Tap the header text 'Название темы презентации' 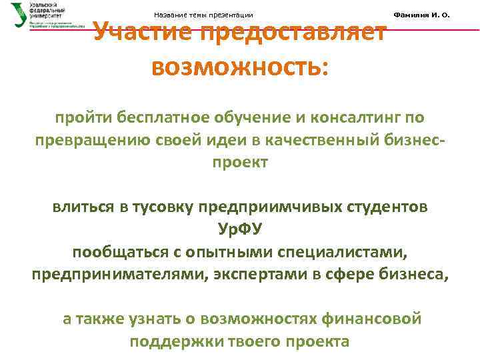coord(203,15)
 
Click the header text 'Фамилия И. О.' coord(423,15)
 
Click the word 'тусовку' coord(165,207)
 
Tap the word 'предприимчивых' coord(266,207)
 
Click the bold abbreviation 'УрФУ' coord(241,230)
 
